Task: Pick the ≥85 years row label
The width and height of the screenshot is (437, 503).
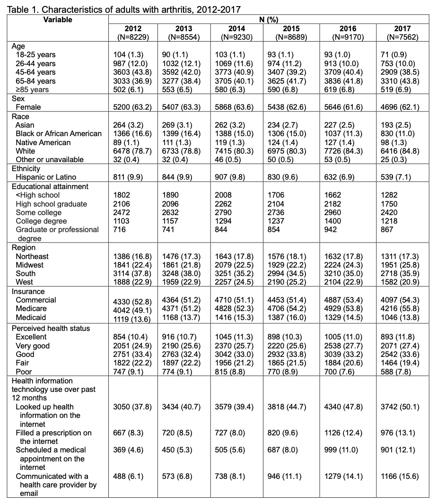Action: [x=34, y=89]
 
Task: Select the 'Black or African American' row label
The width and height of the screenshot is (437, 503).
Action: [x=59, y=133]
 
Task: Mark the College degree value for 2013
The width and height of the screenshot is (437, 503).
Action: [x=175, y=221]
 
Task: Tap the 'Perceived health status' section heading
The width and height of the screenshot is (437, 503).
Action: [x=51, y=328]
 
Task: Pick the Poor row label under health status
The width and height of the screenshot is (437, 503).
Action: [x=25, y=372]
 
